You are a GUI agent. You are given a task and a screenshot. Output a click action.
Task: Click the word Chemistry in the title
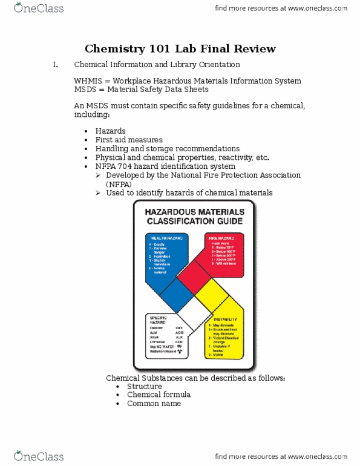tap(113, 48)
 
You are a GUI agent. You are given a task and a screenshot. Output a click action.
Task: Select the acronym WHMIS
tap(87, 80)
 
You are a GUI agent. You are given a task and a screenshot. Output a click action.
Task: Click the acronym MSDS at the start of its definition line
tap(85, 90)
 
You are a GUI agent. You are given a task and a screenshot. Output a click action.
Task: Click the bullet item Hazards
tap(111, 131)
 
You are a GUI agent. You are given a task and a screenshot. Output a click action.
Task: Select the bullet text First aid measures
tap(129, 140)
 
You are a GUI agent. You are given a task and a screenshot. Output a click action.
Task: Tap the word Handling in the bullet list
tap(112, 148)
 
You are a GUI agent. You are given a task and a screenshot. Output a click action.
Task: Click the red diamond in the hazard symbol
tap(194, 278)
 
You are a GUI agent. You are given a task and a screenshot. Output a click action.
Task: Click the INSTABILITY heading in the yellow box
tap(224, 318)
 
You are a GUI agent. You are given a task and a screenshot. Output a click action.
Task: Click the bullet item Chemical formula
tap(159, 395)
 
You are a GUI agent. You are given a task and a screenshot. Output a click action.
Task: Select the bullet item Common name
tap(154, 404)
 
